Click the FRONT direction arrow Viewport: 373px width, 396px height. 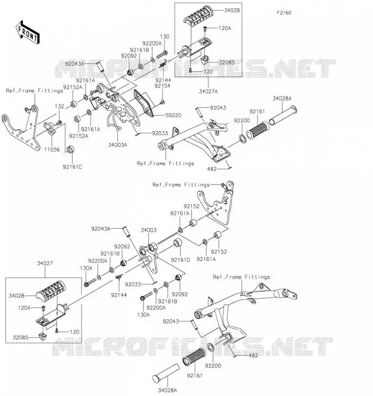28,33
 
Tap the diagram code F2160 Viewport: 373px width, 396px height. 284,13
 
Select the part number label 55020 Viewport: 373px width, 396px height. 173,115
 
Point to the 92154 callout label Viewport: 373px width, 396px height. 162,86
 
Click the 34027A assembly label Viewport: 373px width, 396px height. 208,92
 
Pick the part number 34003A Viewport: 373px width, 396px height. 117,145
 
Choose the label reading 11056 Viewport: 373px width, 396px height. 52,149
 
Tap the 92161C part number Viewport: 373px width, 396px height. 72,167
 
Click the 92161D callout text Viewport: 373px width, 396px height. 180,259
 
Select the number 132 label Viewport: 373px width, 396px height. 59,106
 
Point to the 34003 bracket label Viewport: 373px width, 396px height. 148,230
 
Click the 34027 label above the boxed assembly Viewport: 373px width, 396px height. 45,263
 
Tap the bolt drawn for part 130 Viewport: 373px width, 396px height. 162,54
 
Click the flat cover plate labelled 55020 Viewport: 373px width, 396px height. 144,103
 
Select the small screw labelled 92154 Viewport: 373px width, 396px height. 162,102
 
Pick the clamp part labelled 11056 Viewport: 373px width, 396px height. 49,128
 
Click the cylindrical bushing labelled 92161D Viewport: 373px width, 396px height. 178,243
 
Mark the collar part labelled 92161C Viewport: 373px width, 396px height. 70,149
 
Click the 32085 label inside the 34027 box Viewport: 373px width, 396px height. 20,338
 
